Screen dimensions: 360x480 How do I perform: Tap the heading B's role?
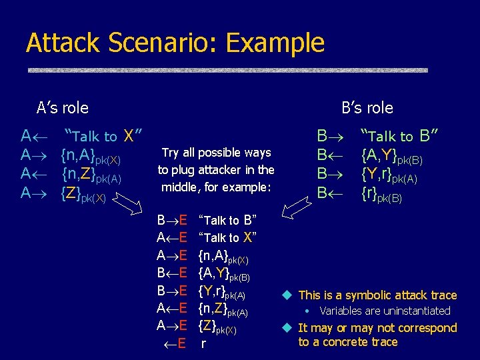367,108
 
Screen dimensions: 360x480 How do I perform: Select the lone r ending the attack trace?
203,345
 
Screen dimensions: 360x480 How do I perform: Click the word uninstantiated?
413,311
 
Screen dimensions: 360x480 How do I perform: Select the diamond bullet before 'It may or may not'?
288,328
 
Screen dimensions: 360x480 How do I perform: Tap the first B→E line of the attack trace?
171,220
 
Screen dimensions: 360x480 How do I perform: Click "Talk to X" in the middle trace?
228,238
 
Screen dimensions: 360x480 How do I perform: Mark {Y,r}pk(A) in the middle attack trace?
222,292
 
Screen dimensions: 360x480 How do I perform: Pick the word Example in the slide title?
275,43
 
